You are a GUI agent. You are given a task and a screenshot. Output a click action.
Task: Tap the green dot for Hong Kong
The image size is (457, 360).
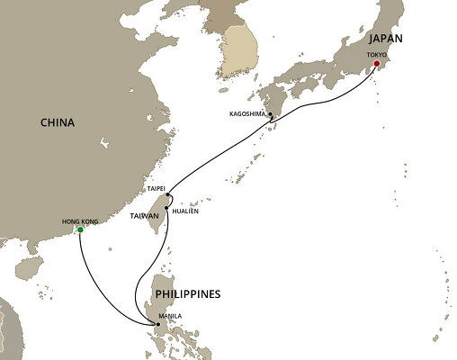[x=80, y=229]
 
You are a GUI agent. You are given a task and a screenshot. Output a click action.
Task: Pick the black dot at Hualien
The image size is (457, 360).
[x=166, y=209]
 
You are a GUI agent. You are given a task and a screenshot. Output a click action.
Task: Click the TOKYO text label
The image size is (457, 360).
[x=376, y=54]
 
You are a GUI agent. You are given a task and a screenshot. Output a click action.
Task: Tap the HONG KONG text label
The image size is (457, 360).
[x=76, y=220]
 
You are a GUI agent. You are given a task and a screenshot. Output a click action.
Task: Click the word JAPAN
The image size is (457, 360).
[x=384, y=40]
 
